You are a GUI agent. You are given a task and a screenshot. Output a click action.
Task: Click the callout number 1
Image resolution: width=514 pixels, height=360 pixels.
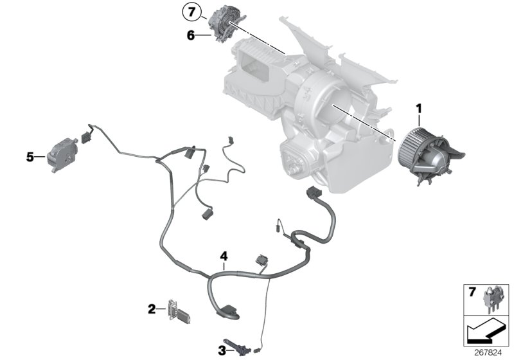(418, 111)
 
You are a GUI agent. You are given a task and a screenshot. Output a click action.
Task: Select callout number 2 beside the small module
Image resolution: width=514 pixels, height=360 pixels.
(152, 309)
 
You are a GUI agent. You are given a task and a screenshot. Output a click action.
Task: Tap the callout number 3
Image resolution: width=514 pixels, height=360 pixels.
(222, 350)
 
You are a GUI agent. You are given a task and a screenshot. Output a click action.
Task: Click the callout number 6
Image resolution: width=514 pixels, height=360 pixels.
(190, 35)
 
